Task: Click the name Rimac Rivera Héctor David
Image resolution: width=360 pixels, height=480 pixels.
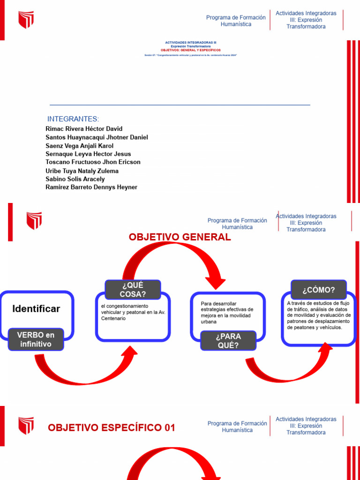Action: (84, 129)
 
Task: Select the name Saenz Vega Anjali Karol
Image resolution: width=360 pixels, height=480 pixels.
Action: (80, 146)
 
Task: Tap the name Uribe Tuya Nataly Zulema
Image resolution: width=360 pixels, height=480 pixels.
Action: (82, 171)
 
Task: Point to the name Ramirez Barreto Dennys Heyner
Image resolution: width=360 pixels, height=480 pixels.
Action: (91, 187)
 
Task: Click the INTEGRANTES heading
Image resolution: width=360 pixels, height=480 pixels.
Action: (73, 119)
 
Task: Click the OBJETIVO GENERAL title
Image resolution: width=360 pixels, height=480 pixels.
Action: (180, 237)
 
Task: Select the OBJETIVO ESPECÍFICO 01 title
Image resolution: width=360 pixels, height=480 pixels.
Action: (112, 427)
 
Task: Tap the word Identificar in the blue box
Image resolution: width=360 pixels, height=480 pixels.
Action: (36, 309)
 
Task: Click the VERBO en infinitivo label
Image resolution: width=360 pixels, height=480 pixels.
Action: (36, 339)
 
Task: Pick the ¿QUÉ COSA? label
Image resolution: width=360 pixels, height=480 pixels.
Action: (133, 290)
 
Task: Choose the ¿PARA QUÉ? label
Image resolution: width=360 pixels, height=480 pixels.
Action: (228, 341)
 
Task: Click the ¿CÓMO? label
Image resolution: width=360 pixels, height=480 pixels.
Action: (319, 290)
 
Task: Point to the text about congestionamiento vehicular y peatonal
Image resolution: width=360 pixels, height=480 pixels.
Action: (133, 312)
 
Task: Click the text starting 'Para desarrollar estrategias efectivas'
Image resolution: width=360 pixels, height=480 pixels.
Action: (227, 312)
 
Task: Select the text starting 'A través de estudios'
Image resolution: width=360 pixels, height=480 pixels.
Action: (319, 315)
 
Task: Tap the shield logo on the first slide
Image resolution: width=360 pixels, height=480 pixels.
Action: (26, 20)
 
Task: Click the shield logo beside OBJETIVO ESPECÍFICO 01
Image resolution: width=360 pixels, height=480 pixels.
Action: (26, 426)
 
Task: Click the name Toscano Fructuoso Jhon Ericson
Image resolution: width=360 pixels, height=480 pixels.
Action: (93, 162)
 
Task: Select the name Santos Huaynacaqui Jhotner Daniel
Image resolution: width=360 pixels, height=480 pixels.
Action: (97, 137)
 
